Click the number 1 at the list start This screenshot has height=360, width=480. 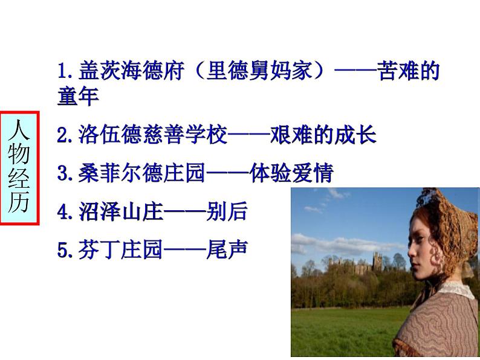point(62,71)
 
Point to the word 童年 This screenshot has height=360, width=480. point(78,97)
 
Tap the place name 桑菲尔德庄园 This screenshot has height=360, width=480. point(141,173)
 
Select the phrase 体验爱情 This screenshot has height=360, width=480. point(291,173)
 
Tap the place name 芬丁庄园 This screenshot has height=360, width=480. point(120,249)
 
